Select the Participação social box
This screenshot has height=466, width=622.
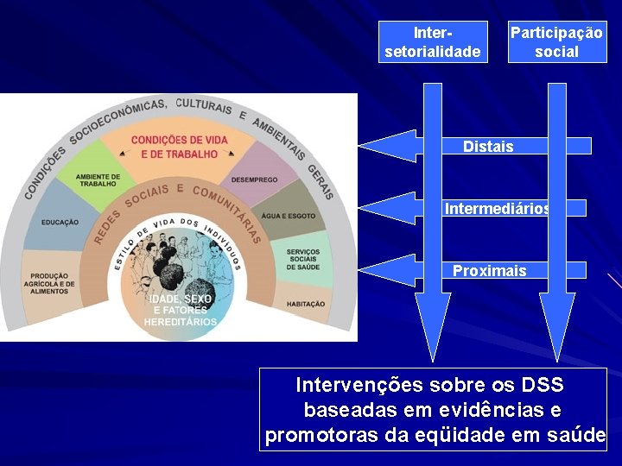click(556, 42)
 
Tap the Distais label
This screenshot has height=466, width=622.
click(488, 147)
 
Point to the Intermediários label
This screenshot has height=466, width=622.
click(498, 208)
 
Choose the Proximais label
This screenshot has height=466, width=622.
click(489, 271)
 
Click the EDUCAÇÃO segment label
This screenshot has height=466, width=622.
click(60, 223)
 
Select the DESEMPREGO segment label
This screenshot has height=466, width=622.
click(254, 180)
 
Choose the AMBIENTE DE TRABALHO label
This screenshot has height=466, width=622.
click(97, 179)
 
